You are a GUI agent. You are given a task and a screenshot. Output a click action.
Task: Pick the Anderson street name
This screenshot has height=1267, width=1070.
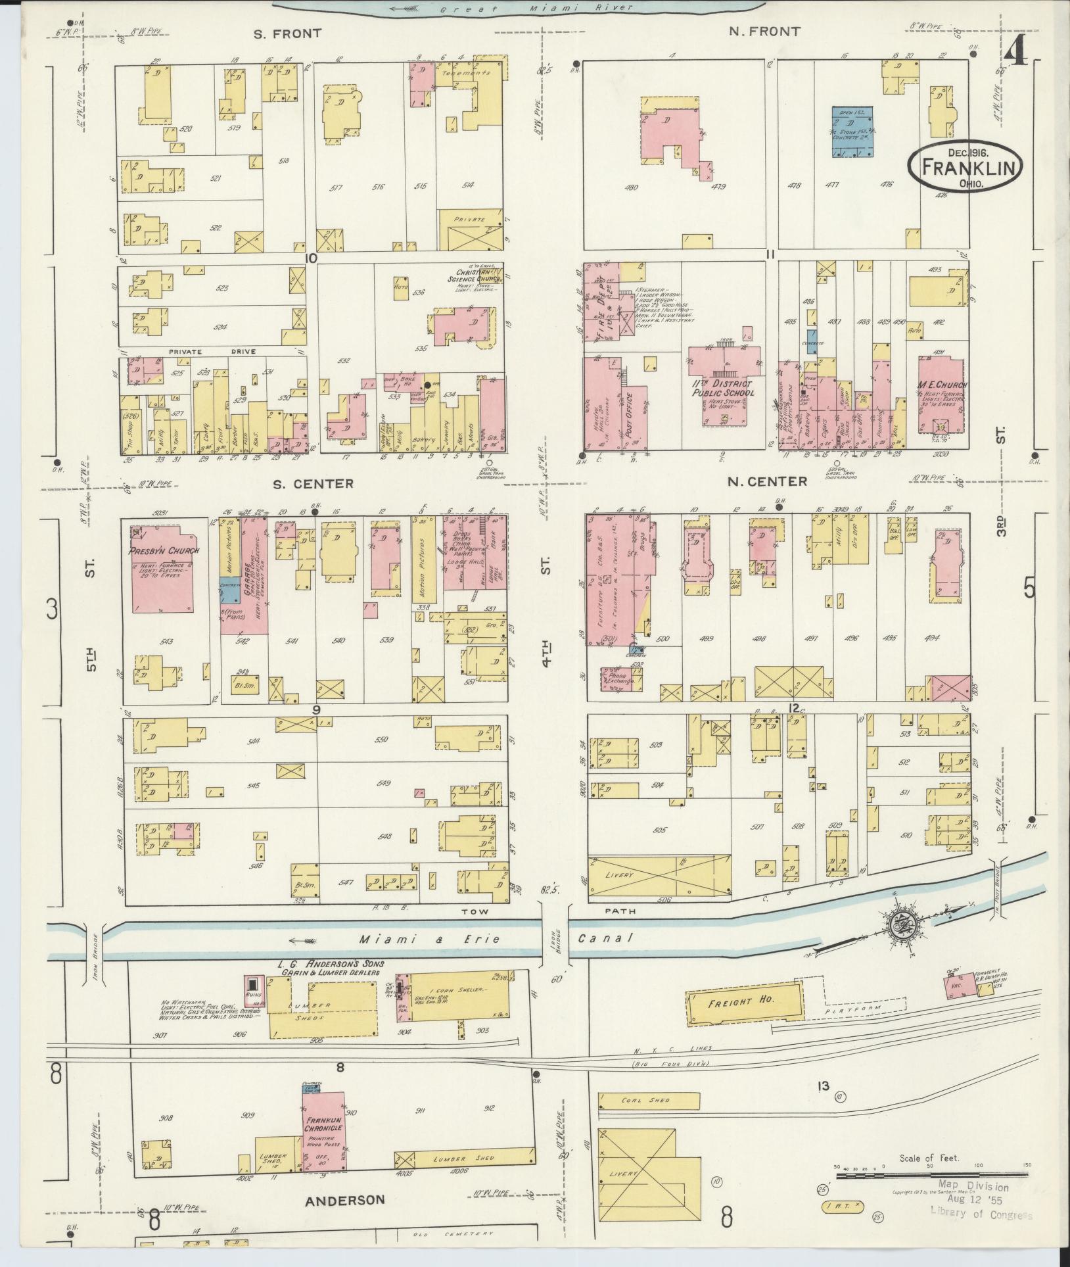[x=344, y=1200]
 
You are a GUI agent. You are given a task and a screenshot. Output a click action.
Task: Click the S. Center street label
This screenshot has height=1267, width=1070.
[x=314, y=483]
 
